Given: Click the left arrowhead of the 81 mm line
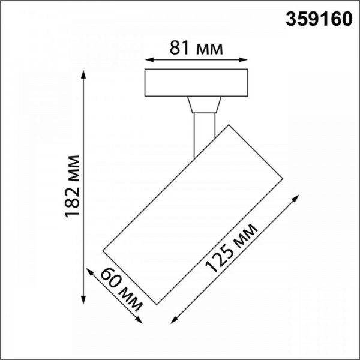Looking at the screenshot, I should tap(148, 59).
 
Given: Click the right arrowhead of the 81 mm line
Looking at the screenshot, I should tap(245, 59).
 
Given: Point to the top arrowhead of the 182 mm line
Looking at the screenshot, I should tap(83, 73).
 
